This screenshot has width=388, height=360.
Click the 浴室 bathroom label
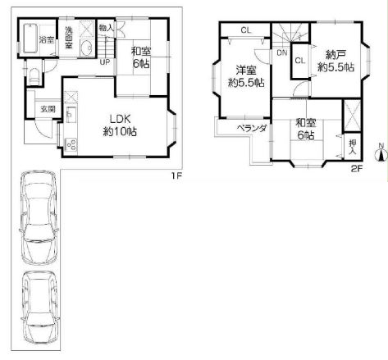[47, 39]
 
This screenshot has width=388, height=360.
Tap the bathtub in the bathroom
[30, 39]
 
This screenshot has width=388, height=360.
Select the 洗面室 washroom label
[68, 37]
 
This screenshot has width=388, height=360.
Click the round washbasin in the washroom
[87, 48]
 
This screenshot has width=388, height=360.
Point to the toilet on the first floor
[34, 75]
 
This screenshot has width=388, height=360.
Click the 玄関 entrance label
[48, 109]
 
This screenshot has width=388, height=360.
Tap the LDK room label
[120, 119]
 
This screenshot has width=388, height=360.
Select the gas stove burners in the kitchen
[71, 144]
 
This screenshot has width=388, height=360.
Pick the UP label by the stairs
[104, 62]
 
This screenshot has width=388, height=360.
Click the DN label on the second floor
[282, 52]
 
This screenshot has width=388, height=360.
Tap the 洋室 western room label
[246, 71]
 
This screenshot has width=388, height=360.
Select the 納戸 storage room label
[336, 55]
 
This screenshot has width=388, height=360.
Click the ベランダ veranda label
[252, 128]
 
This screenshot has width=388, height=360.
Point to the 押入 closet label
[353, 148]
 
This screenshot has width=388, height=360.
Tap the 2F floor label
[357, 169]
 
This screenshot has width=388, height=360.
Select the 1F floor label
[176, 175]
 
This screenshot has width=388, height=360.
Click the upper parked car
[39, 217]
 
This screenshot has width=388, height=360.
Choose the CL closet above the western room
[246, 30]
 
